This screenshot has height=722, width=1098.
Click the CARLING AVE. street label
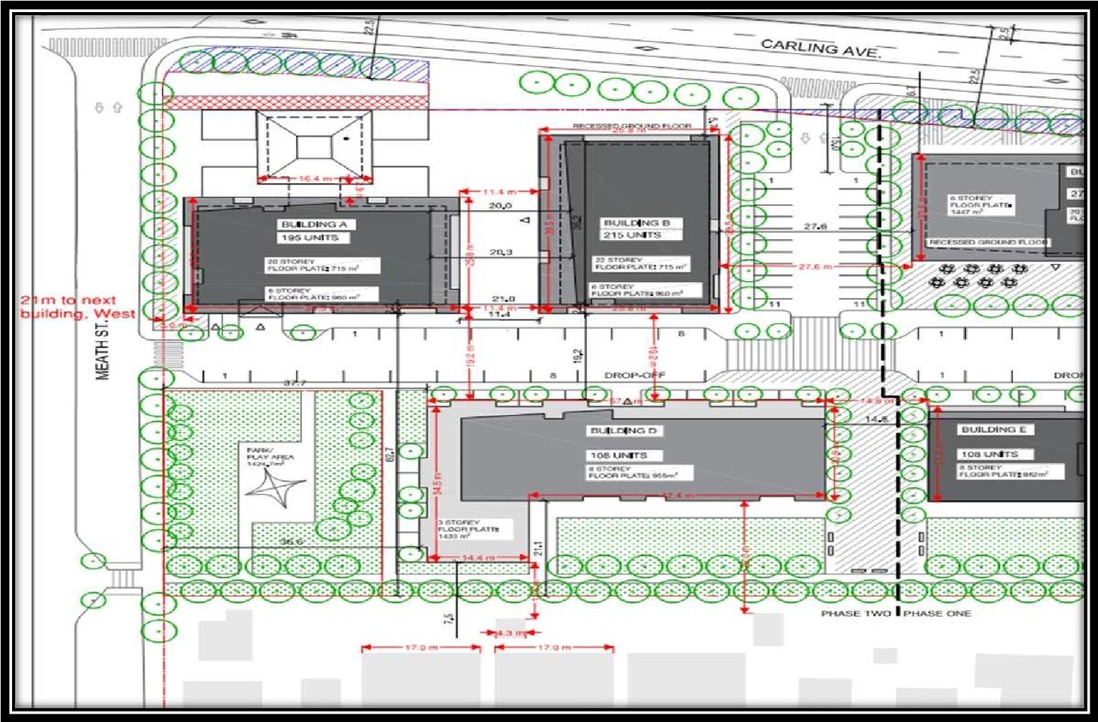click(821, 49)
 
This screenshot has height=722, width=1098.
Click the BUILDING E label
click(998, 430)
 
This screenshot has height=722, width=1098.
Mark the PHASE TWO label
click(854, 614)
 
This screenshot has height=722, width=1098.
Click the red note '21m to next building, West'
click(77, 307)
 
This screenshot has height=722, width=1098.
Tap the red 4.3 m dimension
click(510, 633)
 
